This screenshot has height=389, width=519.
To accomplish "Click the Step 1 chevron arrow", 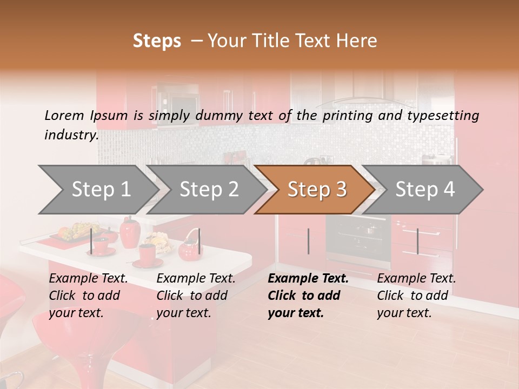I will click(97, 189).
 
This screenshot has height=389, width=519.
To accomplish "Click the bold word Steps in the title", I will click(157, 41).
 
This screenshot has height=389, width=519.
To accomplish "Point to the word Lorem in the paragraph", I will click(64, 115).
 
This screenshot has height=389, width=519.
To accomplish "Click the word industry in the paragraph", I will click(70, 135).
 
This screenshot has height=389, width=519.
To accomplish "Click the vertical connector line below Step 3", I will click(308, 241).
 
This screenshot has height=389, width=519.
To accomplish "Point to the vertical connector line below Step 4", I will click(417, 241).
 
